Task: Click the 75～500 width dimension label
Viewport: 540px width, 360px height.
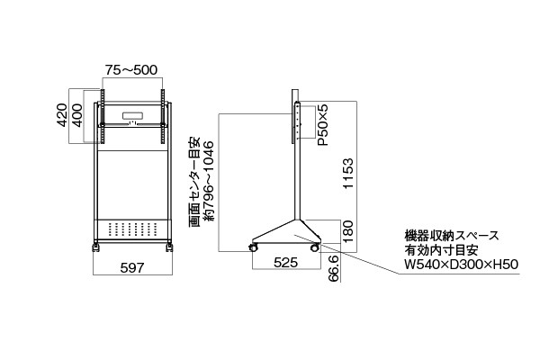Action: [131, 70]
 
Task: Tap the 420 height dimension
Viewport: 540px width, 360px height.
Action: [61, 115]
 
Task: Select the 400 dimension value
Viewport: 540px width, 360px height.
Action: [77, 115]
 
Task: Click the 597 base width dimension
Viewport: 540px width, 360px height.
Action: [132, 267]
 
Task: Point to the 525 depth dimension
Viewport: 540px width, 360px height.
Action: [285, 263]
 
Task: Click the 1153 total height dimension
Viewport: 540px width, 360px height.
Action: [348, 174]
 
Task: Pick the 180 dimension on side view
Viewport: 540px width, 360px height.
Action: [348, 231]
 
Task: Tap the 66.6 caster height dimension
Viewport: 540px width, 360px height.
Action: [333, 269]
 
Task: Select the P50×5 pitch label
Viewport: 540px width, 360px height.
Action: [323, 125]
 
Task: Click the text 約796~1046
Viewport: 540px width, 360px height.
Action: [209, 181]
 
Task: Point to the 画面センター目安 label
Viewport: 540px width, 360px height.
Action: [193, 183]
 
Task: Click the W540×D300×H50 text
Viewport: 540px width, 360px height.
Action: [462, 265]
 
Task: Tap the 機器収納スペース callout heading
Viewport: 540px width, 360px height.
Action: [452, 236]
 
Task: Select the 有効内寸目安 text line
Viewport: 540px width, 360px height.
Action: [442, 250]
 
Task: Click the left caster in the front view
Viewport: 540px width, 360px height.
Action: [95, 247]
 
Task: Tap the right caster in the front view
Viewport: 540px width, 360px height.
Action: [169, 247]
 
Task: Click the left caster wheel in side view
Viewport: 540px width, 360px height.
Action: [253, 247]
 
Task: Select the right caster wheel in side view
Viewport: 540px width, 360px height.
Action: [314, 247]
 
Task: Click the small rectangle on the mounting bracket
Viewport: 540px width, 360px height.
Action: [132, 116]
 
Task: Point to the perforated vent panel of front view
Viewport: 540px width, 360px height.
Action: [133, 229]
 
